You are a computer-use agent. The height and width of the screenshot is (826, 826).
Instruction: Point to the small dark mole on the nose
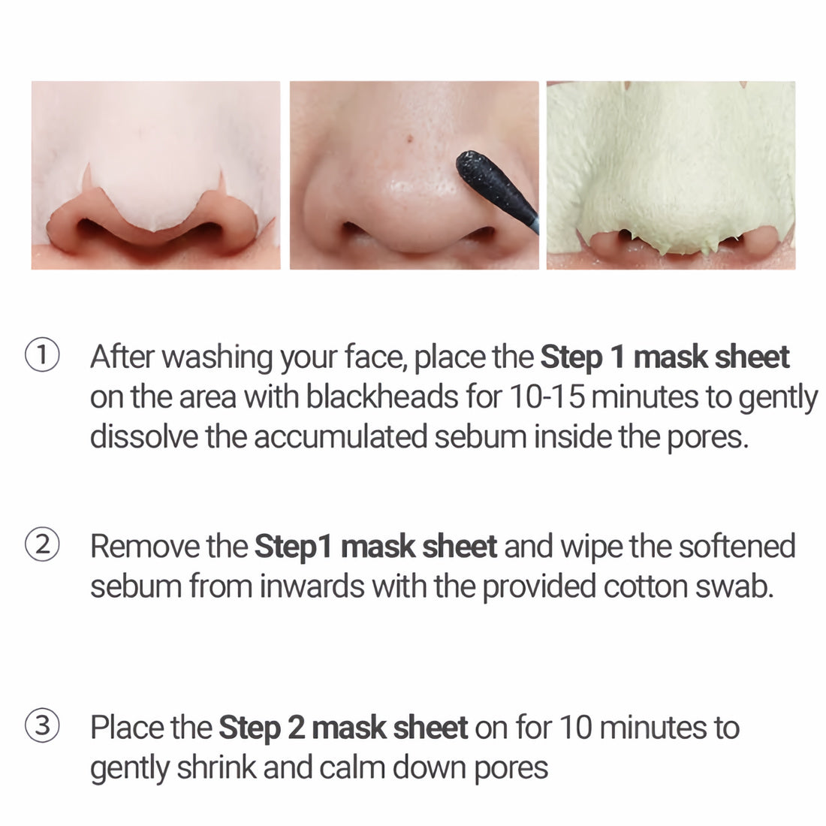(409, 138)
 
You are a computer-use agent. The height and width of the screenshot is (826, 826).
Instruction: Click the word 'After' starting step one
(122, 356)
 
